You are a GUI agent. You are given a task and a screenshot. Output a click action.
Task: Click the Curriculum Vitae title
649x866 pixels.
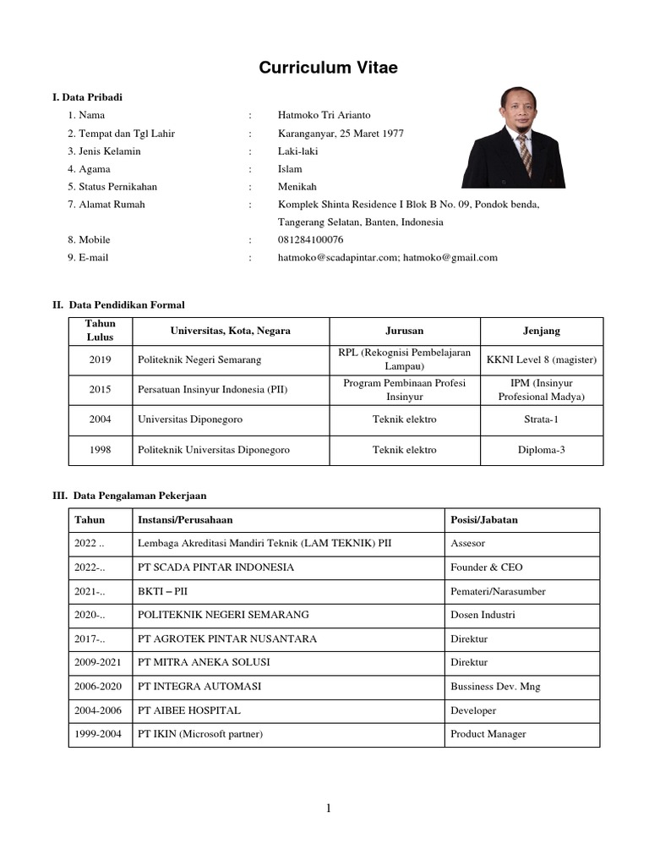(x=328, y=68)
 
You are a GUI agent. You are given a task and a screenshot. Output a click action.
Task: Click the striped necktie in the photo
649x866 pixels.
(x=525, y=153)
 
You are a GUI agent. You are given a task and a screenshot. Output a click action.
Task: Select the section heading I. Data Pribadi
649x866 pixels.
(x=88, y=97)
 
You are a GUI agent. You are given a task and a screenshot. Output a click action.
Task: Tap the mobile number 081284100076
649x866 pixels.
(x=310, y=239)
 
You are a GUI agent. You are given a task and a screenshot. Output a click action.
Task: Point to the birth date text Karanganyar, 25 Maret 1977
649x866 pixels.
(x=341, y=133)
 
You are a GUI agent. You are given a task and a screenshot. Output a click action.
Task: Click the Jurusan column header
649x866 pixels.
(x=404, y=331)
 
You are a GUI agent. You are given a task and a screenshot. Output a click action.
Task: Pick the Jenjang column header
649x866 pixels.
(x=541, y=331)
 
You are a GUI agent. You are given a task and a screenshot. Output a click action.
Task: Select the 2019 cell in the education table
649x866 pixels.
(x=100, y=359)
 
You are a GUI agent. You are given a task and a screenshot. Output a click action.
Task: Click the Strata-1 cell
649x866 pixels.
(x=541, y=419)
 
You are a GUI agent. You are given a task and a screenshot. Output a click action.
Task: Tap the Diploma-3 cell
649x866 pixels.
(x=541, y=450)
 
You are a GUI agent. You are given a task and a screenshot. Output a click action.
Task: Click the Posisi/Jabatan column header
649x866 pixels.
(x=484, y=520)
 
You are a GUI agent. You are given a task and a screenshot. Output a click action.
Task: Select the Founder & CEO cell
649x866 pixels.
(x=487, y=567)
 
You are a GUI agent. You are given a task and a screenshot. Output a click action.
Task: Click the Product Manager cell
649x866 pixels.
(x=488, y=734)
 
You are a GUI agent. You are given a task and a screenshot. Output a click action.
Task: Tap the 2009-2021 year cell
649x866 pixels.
(x=100, y=662)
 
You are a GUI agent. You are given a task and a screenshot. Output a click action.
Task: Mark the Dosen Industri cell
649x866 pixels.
(x=483, y=615)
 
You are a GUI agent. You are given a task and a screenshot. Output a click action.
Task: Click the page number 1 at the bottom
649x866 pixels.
(x=329, y=808)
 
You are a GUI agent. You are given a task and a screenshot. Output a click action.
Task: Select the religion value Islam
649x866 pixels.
(x=290, y=169)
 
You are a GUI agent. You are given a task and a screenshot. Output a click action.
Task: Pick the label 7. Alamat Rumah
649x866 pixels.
(x=106, y=205)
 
